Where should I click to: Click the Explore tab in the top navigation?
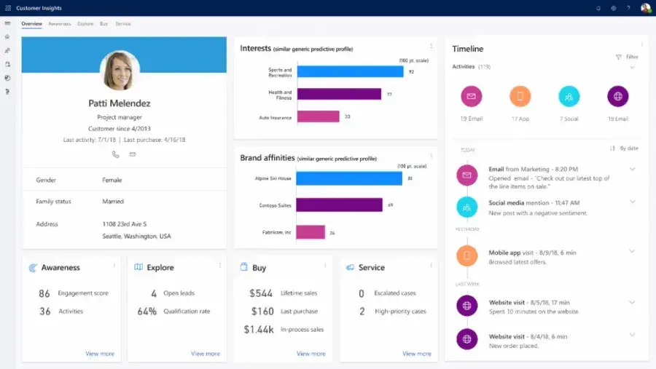pos(85,24)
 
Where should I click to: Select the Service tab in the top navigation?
pos(123,24)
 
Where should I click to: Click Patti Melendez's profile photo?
pos(119,71)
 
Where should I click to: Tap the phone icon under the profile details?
pos(115,154)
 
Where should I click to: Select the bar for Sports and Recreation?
pos(350,71)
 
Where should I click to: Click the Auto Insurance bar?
pos(319,116)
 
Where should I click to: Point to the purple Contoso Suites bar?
pos(339,205)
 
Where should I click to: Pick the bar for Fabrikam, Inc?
pos(311,232)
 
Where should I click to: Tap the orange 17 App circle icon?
pos(520,96)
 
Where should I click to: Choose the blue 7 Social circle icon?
pos(569,96)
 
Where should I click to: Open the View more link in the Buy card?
pos(311,354)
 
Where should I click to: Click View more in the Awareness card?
pos(100,354)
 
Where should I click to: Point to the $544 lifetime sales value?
pos(261,293)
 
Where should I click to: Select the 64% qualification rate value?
pos(147,312)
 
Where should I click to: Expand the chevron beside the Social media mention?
pos(632,202)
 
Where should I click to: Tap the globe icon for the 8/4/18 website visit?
pos(466,338)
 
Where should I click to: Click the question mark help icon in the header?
pos(628,8)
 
